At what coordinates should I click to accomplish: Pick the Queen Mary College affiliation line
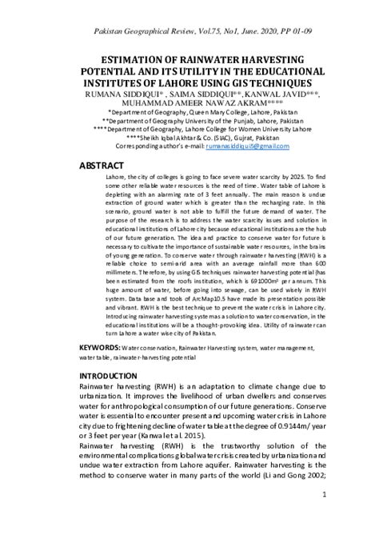coord(189,114)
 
